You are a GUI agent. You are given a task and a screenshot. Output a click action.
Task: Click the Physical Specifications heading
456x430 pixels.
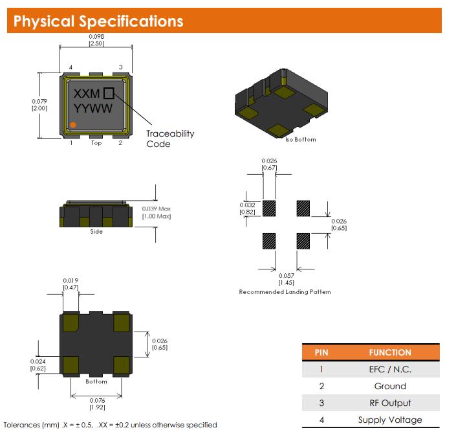point(98,21)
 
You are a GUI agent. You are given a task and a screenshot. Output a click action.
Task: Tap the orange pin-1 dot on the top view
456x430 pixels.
point(73,124)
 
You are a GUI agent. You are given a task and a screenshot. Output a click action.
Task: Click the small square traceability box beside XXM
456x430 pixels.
point(109,93)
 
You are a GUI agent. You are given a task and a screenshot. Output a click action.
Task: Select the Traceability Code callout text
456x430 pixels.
point(169,139)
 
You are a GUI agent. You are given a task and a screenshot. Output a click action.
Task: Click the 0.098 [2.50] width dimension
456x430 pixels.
point(96,40)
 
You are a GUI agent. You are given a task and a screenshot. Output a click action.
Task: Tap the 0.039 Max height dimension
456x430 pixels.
point(157,212)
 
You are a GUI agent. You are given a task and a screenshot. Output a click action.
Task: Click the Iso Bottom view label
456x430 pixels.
point(300,139)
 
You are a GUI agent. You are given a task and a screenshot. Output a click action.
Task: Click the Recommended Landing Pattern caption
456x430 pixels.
point(285,292)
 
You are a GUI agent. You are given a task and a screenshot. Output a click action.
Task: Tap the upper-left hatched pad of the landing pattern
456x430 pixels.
point(270,208)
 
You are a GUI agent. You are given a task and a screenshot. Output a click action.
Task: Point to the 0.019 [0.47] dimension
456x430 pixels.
point(71,284)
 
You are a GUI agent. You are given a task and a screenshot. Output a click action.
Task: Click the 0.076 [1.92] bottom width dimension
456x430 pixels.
point(96,403)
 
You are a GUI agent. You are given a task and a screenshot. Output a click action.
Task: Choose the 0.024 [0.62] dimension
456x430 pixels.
point(38,365)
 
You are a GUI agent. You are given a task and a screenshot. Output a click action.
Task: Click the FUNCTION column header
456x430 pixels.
point(389,353)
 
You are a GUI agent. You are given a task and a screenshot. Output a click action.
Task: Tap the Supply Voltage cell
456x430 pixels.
point(389,420)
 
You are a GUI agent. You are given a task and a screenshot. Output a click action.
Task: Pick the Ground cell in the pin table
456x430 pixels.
point(389,386)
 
